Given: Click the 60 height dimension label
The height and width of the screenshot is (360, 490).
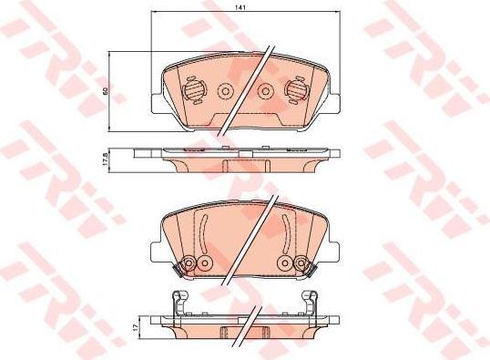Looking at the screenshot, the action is pyautogui.click(x=106, y=91).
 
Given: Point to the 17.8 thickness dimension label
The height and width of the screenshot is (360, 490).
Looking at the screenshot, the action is pyautogui.click(x=106, y=159).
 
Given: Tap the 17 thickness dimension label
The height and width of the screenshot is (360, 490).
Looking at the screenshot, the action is pyautogui.click(x=136, y=327).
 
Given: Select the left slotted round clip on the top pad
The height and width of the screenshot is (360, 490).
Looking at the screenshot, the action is pyautogui.click(x=193, y=89).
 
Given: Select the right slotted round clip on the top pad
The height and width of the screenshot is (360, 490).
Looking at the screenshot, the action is pyautogui.click(x=296, y=89).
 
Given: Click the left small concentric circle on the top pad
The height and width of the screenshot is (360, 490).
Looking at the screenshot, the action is pyautogui.click(x=225, y=91).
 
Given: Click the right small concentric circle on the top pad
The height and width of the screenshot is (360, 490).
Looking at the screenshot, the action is pyautogui.click(x=266, y=91).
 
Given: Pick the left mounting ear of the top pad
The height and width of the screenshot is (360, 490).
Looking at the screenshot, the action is pyautogui.click(x=157, y=103).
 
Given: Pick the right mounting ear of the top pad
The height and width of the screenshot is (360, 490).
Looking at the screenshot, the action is pyautogui.click(x=333, y=103).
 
